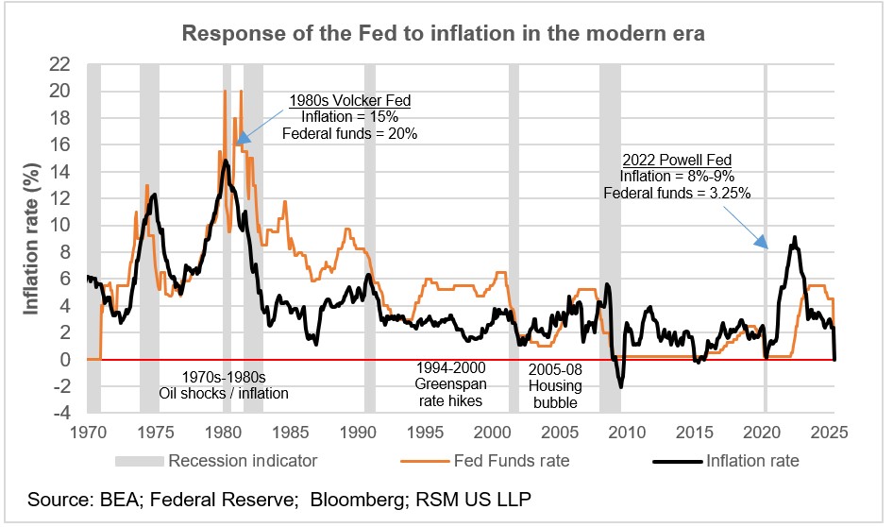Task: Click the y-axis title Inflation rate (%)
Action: click(x=32, y=238)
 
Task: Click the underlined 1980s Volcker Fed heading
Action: click(x=350, y=101)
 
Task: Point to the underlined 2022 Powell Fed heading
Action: click(x=677, y=160)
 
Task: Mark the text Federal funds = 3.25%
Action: click(x=677, y=193)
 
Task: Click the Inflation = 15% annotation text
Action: click(x=350, y=117)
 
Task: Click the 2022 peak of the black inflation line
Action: click(x=795, y=238)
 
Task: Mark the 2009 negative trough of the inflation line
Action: click(x=621, y=386)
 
